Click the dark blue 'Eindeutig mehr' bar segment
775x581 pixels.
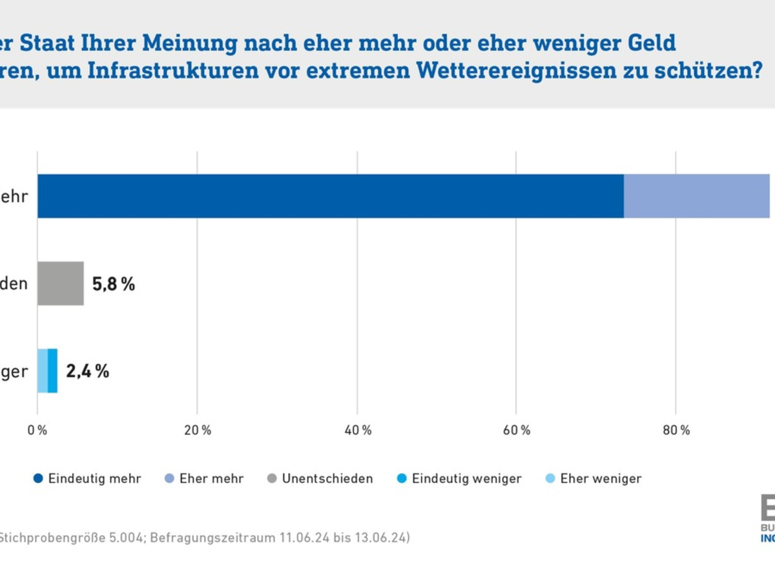tap(330, 196)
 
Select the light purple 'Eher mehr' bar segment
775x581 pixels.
tap(696, 196)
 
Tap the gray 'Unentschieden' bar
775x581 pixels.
tap(60, 283)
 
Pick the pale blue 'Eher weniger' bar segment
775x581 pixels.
tap(42, 371)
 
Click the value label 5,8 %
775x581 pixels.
tap(114, 284)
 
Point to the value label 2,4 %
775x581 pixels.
tap(88, 371)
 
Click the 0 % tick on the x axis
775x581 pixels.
tap(37, 431)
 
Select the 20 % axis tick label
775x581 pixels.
tap(197, 431)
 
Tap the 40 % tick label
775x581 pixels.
tap(357, 431)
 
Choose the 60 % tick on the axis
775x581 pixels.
tap(517, 431)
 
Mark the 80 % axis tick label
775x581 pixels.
tap(676, 431)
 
